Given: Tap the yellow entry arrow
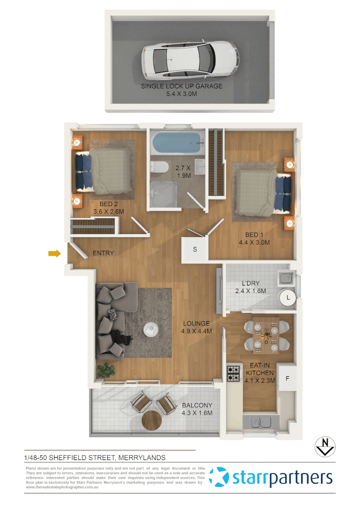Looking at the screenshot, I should [x=55, y=254].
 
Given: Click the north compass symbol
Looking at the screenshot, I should [x=324, y=446].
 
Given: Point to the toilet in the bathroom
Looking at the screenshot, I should [x=159, y=167].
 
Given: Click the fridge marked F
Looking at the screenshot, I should [x=287, y=377].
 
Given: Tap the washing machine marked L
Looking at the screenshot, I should [x=288, y=297].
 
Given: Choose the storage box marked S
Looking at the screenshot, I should [x=195, y=249].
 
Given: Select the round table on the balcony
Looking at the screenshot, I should [x=152, y=420].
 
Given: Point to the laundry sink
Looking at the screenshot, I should [x=285, y=278].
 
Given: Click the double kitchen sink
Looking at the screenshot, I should [x=259, y=420].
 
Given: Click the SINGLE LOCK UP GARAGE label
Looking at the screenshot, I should [x=181, y=87].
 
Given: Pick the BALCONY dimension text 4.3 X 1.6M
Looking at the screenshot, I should [x=197, y=413].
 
